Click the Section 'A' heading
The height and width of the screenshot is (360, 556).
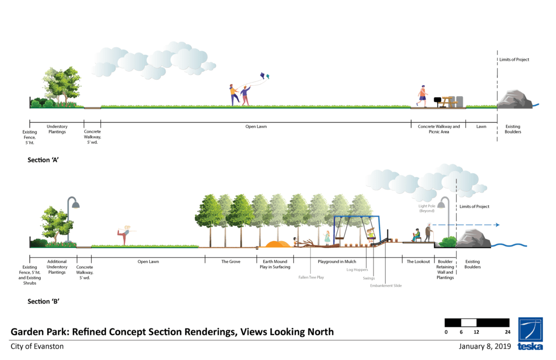[43, 161]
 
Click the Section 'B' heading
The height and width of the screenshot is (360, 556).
[43, 301]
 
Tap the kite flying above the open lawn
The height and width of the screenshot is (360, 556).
[264, 76]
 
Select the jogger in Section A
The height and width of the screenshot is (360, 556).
[422, 96]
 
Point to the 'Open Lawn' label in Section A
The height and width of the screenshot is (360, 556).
[256, 127]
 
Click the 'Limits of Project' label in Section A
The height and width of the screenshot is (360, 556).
[514, 60]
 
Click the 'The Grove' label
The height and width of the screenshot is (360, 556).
[231, 262]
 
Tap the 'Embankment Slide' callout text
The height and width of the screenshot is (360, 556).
[386, 285]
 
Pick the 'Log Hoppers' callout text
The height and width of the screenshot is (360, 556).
[357, 269]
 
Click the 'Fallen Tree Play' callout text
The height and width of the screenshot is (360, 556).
[311, 277]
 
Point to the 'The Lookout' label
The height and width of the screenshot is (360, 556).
[418, 262]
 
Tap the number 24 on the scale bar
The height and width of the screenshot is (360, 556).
[507, 332]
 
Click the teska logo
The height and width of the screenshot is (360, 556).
[530, 333]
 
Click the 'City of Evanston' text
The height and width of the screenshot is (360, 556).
[37, 346]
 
